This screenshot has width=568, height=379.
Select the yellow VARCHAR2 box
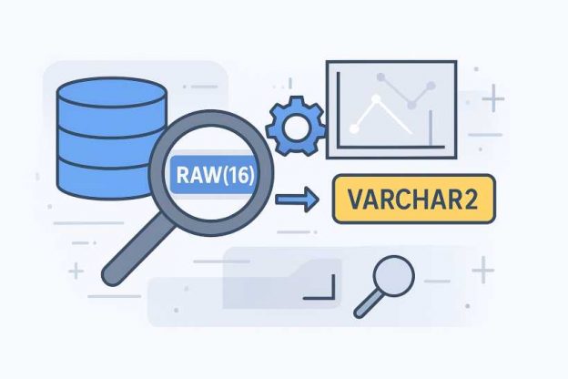point(415,199)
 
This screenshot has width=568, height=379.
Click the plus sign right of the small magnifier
point(482,270)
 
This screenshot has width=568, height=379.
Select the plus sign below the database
point(76,271)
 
